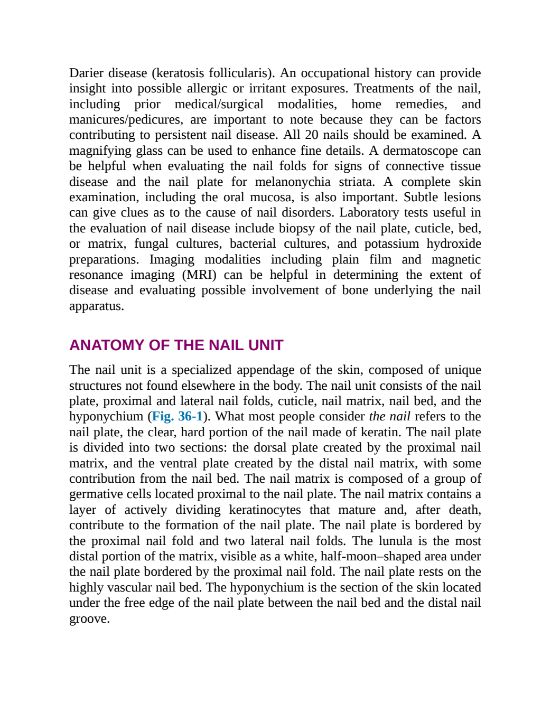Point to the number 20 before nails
(x=312, y=135)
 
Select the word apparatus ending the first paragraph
(x=97, y=306)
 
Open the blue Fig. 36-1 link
(x=177, y=416)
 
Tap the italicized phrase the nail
(x=389, y=416)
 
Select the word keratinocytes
(x=265, y=510)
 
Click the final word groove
(x=89, y=619)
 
